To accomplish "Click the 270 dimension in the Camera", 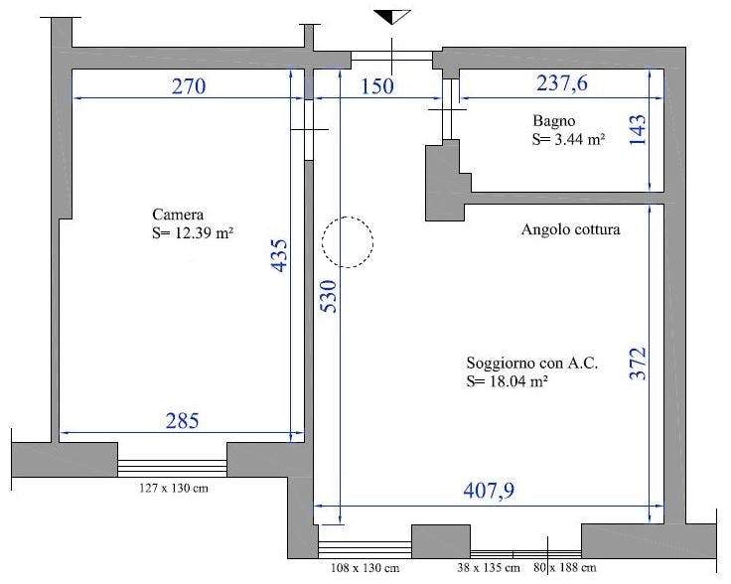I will pyautogui.click(x=187, y=86).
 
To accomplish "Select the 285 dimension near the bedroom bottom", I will pyautogui.click(x=181, y=421).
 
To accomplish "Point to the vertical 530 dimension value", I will pyautogui.click(x=329, y=297).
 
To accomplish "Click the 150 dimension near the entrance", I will pyautogui.click(x=376, y=86).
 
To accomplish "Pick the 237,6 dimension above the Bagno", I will pyautogui.click(x=562, y=84).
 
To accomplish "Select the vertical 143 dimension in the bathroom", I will pyautogui.click(x=638, y=130).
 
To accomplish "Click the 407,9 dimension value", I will pyautogui.click(x=490, y=491).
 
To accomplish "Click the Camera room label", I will pyautogui.click(x=178, y=215).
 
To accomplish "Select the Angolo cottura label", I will pyautogui.click(x=570, y=230).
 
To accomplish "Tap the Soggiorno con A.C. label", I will pyautogui.click(x=531, y=364).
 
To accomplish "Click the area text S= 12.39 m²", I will pyautogui.click(x=192, y=232).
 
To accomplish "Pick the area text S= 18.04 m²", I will pyautogui.click(x=507, y=381).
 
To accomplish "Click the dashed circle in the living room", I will pyautogui.click(x=347, y=241).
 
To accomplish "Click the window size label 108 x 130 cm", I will pyautogui.click(x=364, y=569).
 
